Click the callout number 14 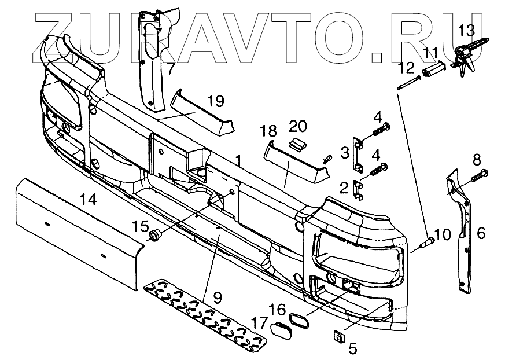tap(89, 200)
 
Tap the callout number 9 tap(218, 299)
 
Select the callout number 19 tap(214, 102)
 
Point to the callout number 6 tap(481, 233)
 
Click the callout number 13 tap(466, 29)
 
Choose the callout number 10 tap(442, 234)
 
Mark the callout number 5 tap(352, 348)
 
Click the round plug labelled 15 tap(154, 234)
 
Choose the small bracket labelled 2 tap(359, 189)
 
